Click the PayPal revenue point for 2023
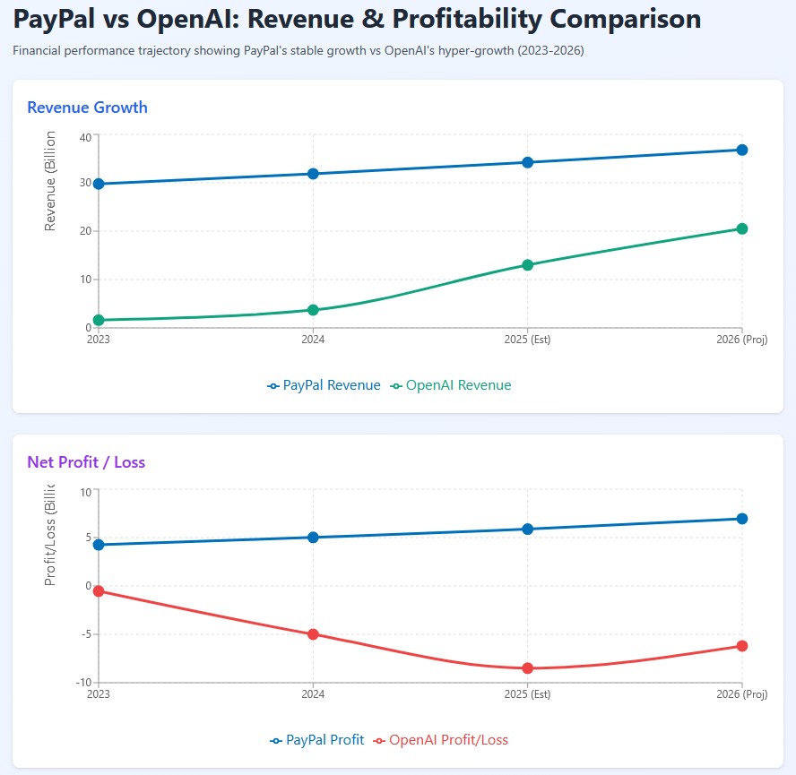[x=99, y=184]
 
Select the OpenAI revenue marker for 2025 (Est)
[x=528, y=265]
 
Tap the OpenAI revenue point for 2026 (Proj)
[x=742, y=228]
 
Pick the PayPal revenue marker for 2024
[x=313, y=174]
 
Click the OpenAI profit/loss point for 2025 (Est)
[x=528, y=668]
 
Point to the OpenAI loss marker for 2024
[x=313, y=634]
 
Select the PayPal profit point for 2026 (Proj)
[x=742, y=519]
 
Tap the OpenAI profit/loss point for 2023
[x=99, y=590]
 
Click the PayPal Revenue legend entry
[x=324, y=385]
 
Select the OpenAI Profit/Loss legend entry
[x=440, y=740]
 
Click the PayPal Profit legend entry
[x=317, y=740]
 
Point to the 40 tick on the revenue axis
[x=85, y=136]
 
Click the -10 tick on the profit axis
[x=84, y=683]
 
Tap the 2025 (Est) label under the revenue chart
[x=527, y=340]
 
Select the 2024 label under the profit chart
[x=313, y=694]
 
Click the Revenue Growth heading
[x=87, y=108]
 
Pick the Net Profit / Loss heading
[x=86, y=462]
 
